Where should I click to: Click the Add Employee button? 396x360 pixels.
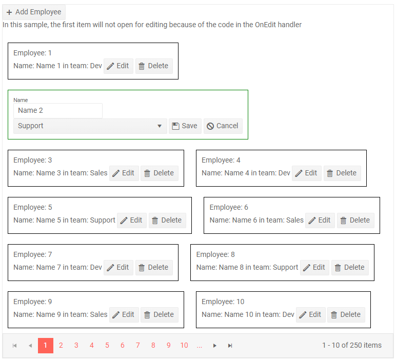pos(34,12)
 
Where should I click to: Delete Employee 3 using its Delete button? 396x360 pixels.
pos(160,173)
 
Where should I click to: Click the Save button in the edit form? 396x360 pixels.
pos(185,126)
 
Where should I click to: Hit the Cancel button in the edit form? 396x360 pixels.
pos(223,126)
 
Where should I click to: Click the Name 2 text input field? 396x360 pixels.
pos(57,110)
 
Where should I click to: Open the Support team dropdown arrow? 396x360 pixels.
pos(159,126)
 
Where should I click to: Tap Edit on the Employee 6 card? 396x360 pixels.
pos(320,220)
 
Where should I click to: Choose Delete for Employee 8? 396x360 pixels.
pos(349,267)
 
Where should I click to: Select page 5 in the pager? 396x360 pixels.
pos(107,345)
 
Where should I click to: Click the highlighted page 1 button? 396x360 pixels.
pos(46,345)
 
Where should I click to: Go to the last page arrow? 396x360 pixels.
pos(230,346)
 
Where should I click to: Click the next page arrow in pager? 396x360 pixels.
pos(215,346)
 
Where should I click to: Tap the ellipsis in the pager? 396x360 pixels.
pos(200,345)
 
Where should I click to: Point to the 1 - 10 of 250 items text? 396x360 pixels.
pos(351,345)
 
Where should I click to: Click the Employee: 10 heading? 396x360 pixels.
pos(223,302)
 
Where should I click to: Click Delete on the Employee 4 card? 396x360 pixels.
pos(342,173)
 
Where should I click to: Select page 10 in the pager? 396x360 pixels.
pos(184,345)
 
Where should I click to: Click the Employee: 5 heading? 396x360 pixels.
pos(32,207)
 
